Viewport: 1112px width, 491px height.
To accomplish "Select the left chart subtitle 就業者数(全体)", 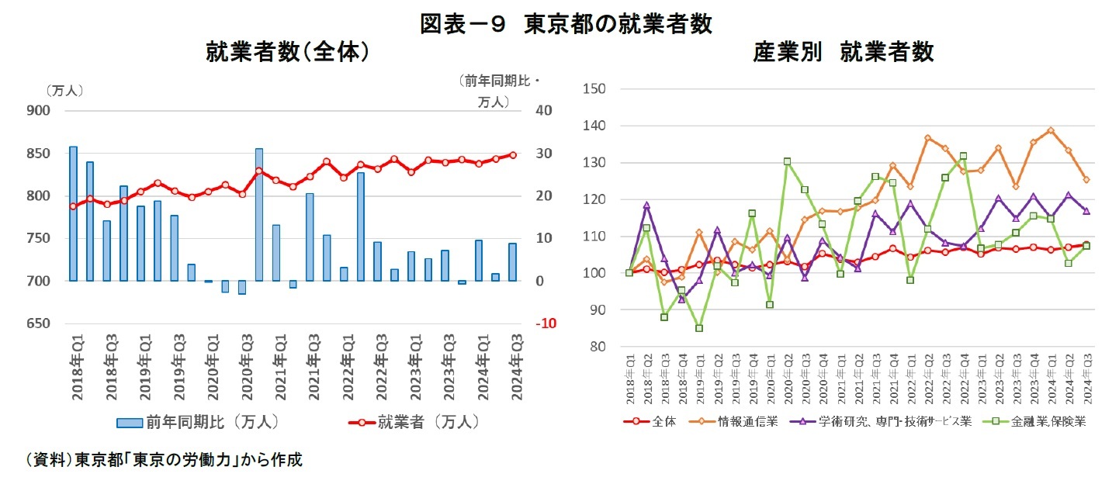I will (286, 52).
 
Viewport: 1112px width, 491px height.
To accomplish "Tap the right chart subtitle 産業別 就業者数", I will (844, 52).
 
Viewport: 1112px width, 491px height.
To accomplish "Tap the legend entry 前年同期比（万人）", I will (198, 423).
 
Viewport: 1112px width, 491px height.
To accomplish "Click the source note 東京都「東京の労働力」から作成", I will (163, 460).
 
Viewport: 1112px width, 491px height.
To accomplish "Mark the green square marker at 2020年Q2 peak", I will (788, 162).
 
